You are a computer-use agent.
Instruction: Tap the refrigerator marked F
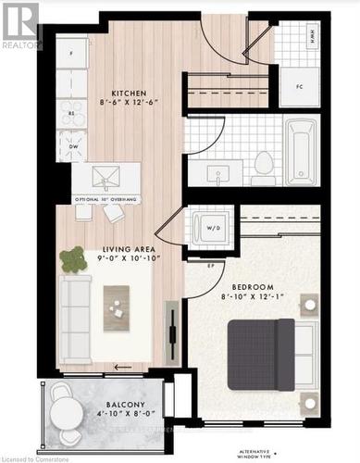(70, 54)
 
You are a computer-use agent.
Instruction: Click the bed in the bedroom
(268, 353)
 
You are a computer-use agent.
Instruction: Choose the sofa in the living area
(75, 306)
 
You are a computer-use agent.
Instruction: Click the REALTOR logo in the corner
(20, 25)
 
